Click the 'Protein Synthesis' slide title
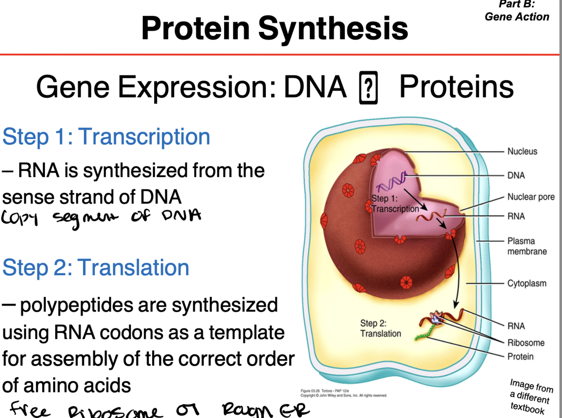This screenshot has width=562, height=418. pos(274,29)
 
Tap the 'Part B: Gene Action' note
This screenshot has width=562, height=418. pos(517,11)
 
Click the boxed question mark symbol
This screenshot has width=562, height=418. pos(368,88)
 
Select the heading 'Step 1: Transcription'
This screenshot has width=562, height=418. pos(106,137)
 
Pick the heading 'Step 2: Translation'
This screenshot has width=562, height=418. pos(96,268)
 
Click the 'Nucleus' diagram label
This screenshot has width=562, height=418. pos(522,151)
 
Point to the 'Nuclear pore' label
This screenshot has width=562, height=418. pos(531,197)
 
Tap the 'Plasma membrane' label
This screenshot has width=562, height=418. pos(527,246)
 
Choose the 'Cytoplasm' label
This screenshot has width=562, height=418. pos(527,283)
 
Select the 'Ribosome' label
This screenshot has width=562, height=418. pos(526,343)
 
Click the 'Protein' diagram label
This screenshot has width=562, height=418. pos(520,356)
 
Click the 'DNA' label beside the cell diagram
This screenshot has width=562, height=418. pos(516,175)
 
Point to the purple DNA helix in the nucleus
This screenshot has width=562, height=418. pos(391,182)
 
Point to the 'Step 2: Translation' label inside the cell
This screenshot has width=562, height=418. pos(380,328)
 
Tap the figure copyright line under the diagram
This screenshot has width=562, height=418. pos(343,393)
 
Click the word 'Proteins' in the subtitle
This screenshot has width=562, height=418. pos(456,87)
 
